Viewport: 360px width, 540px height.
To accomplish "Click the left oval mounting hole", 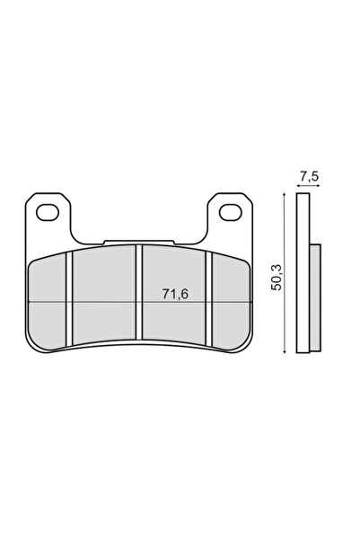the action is pyautogui.click(x=48, y=212).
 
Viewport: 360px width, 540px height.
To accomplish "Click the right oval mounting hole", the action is pyautogui.click(x=230, y=212).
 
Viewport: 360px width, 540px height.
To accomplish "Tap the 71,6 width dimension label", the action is pyautogui.click(x=175, y=294).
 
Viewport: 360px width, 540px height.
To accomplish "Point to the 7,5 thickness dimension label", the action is pyautogui.click(x=309, y=177).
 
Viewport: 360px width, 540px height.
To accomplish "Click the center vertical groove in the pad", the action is pyautogui.click(x=139, y=292).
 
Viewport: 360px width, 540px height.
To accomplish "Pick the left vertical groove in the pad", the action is pyautogui.click(x=69, y=298).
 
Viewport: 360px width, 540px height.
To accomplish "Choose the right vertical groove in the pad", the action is pyautogui.click(x=208, y=298).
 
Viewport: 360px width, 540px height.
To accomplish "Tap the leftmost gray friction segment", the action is pyautogui.click(x=47, y=303).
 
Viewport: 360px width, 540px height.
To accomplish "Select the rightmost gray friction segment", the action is pyautogui.click(x=231, y=303).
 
